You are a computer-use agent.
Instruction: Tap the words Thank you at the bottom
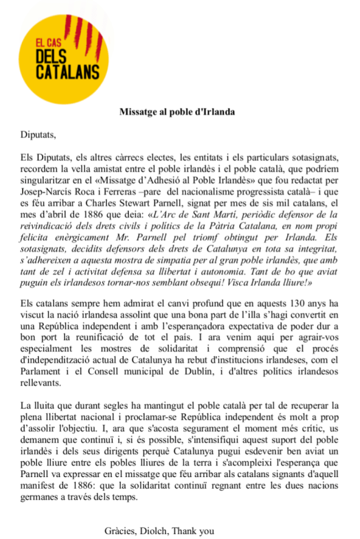pyautogui.click(x=194, y=531)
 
